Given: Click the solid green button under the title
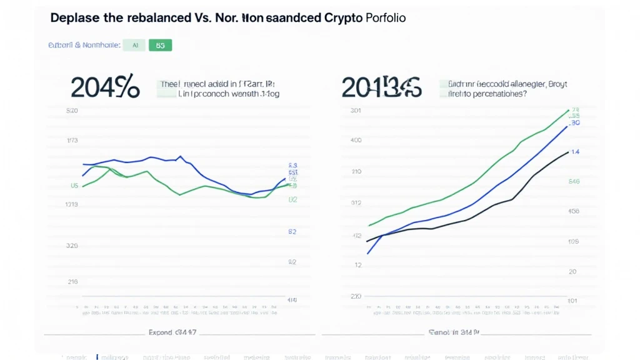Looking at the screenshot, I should click(x=160, y=45).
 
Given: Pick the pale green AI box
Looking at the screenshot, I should click(x=134, y=45).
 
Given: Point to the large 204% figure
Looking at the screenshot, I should click(x=104, y=87).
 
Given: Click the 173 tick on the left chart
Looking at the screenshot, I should click(x=72, y=141).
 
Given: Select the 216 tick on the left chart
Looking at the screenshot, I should click(x=72, y=282).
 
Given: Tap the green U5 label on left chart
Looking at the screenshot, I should click(x=74, y=186).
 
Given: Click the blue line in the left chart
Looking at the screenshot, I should click(x=150, y=157).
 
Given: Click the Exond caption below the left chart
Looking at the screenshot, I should click(x=172, y=332).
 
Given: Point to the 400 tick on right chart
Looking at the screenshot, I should click(x=356, y=140).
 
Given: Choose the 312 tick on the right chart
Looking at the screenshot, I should click(x=356, y=202).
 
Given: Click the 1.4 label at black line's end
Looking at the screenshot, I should click(x=576, y=152).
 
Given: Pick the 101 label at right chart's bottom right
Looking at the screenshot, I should click(x=572, y=301).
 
